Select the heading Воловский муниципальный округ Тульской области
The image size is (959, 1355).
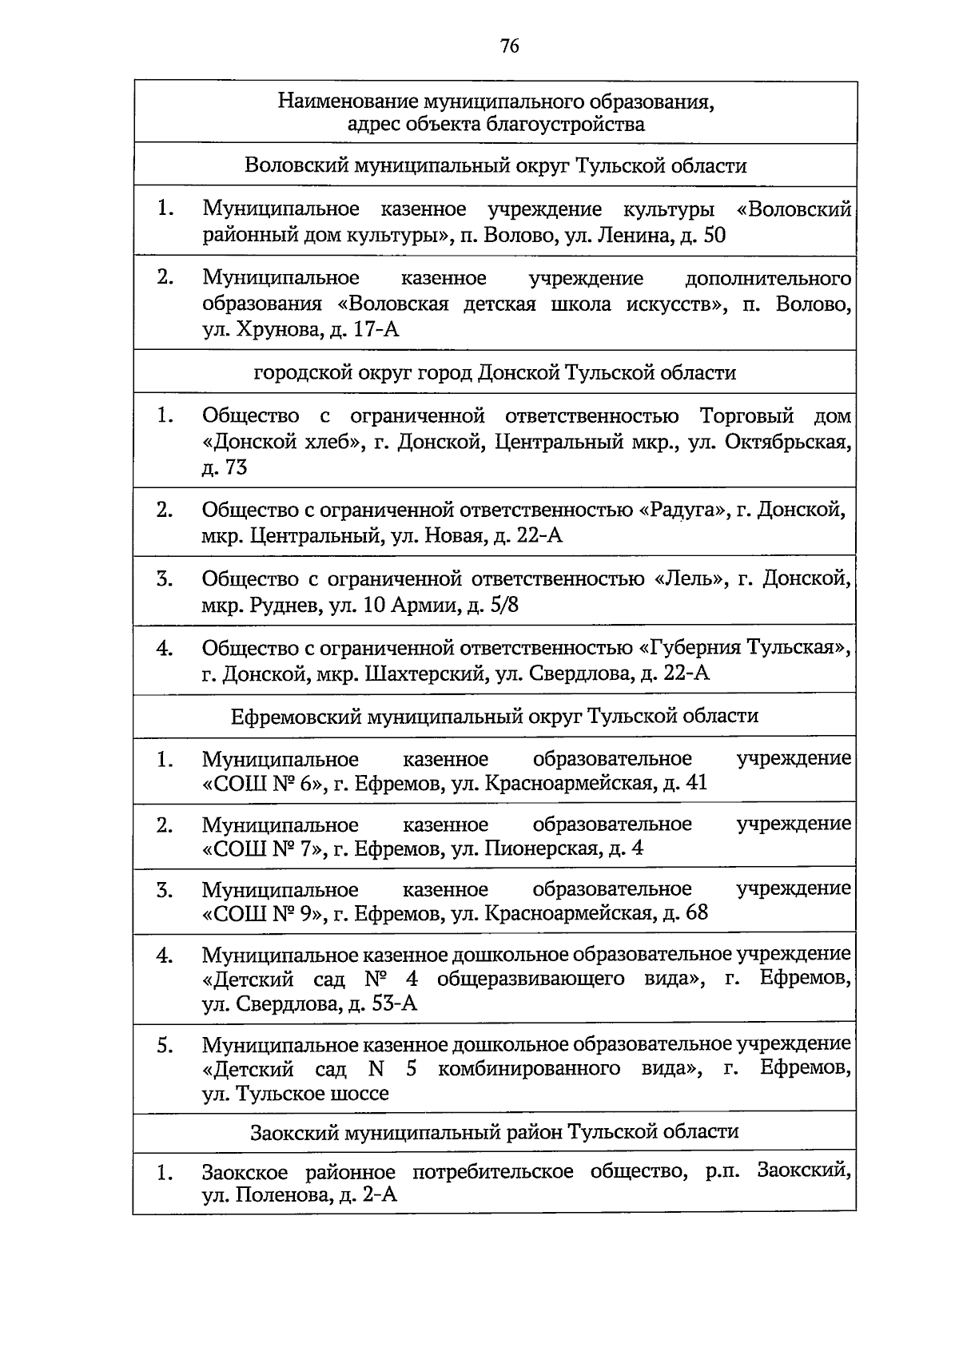tap(495, 166)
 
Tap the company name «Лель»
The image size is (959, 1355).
tap(690, 578)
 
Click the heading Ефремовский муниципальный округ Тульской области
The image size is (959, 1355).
tap(495, 716)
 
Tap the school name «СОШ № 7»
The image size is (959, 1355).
tap(264, 848)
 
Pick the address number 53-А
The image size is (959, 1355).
tap(394, 1004)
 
